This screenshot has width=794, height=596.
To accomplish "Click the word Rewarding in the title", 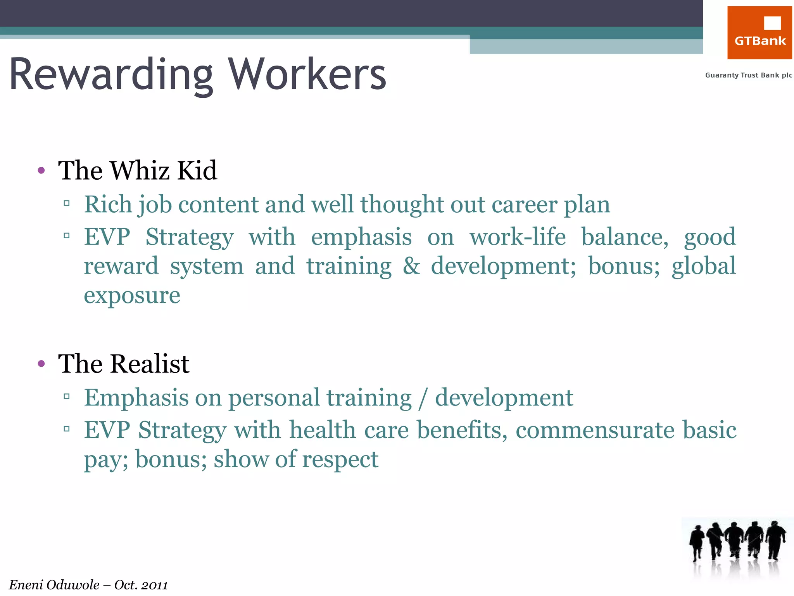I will tap(111, 74).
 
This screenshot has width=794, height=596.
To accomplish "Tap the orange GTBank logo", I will tap(759, 33).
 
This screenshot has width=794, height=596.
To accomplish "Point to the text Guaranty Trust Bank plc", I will tap(748, 75).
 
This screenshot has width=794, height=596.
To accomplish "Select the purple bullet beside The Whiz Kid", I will tap(41, 170).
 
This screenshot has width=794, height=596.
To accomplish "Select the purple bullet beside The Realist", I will tap(41, 364).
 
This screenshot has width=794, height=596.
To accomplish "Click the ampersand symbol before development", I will tap(411, 266).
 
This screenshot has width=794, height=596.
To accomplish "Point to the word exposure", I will tap(132, 296).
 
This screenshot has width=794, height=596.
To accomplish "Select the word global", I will tap(703, 266).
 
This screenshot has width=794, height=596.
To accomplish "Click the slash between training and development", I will tap(423, 398).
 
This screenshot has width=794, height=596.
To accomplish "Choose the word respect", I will tap(340, 459).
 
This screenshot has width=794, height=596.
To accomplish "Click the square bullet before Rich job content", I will tap(67, 203).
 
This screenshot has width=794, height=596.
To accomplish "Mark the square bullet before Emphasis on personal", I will tap(67, 396).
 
